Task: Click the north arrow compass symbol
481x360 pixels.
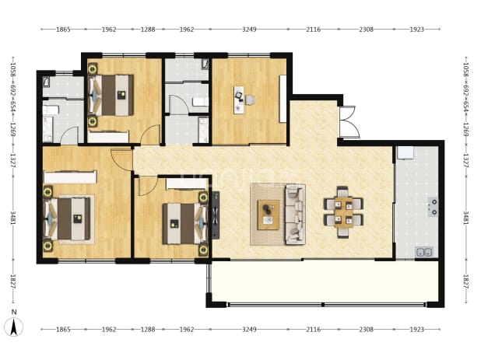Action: [x=14, y=327]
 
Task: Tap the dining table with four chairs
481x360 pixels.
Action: [x=343, y=212]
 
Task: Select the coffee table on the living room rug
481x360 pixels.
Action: [x=269, y=215]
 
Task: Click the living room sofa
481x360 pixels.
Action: [x=295, y=215]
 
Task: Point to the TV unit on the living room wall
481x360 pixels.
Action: [x=216, y=215]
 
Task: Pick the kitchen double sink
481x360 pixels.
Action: [x=424, y=252]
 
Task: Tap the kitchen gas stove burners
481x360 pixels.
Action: [x=434, y=207]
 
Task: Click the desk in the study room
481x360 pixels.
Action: [x=239, y=100]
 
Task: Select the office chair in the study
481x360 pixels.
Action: [x=250, y=100]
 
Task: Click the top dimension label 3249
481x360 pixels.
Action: [x=249, y=30]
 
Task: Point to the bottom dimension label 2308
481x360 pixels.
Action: [x=367, y=330]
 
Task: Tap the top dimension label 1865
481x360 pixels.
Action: [x=63, y=30]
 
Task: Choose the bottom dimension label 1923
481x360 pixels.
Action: [x=416, y=330]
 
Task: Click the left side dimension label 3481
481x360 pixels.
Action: [x=13, y=218]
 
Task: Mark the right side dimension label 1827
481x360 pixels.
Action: [x=465, y=281]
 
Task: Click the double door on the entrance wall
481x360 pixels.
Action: [x=349, y=122]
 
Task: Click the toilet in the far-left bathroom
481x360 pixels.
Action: [x=49, y=110]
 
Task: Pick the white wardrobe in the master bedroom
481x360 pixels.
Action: [x=70, y=177]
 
